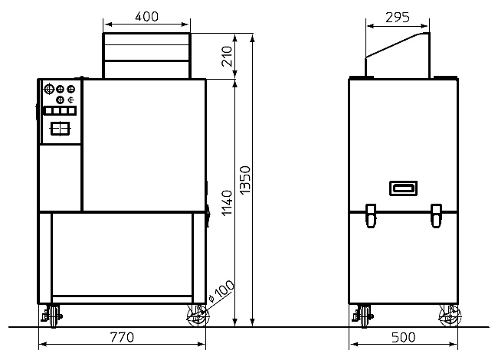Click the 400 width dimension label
point(146,17)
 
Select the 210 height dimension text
point(227,56)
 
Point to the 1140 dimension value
point(227,203)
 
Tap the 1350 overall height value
point(245,180)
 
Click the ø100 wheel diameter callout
point(221,291)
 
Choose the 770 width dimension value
point(122,337)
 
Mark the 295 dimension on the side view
point(398,18)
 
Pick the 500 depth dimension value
point(403,337)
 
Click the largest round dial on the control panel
point(48,89)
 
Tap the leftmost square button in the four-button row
point(48,111)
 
